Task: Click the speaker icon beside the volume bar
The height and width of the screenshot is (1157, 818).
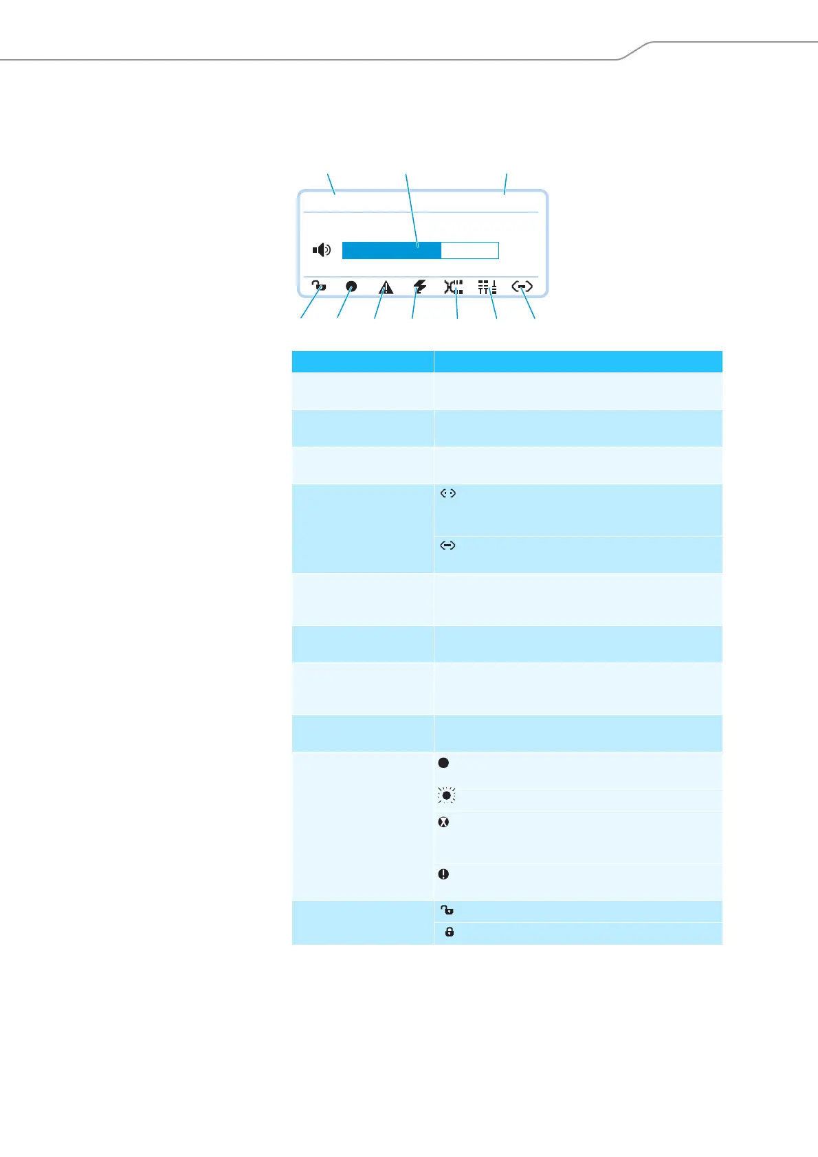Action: click(322, 250)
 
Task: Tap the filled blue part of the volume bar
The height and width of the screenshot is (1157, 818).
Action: click(391, 250)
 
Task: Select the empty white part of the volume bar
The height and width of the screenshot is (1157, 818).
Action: click(469, 250)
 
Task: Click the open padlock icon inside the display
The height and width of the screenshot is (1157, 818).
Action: click(318, 287)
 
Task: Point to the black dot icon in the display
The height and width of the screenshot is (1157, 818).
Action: click(351, 287)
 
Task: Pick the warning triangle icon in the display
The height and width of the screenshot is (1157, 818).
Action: click(386, 287)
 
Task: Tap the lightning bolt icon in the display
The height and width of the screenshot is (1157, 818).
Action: click(419, 287)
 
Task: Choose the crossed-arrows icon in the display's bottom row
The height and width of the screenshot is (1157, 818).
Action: click(453, 287)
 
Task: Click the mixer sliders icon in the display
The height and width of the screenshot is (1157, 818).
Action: click(487, 287)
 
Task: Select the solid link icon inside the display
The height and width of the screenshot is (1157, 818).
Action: click(522, 287)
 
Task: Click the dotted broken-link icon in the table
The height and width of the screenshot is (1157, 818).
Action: click(448, 493)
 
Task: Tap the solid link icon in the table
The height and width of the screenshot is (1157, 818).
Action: click(448, 546)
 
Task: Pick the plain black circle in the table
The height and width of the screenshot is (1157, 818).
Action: click(444, 763)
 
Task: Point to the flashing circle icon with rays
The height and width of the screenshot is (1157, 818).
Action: click(447, 796)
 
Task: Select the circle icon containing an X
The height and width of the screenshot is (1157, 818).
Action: click(444, 822)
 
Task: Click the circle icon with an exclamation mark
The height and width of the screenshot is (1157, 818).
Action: click(444, 874)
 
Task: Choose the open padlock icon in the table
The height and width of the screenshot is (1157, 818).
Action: click(447, 910)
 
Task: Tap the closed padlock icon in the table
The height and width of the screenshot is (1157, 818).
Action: click(450, 932)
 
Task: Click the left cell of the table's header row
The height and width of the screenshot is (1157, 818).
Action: click(362, 361)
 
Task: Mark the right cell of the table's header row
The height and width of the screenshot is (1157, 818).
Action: click(578, 361)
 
